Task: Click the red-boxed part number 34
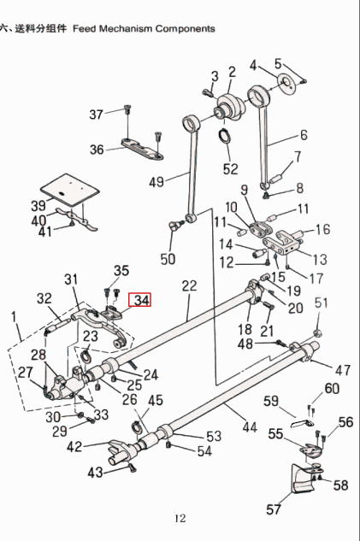[x=140, y=301]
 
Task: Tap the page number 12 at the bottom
[x=180, y=518]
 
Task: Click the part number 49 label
[x=156, y=181]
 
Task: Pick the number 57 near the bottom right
[x=274, y=510]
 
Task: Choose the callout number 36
[x=97, y=150]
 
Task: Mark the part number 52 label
[x=231, y=168]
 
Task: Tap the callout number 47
[x=342, y=370]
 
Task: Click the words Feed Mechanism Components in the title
[x=145, y=28]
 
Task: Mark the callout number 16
[x=322, y=229]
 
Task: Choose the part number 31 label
[x=71, y=279]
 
